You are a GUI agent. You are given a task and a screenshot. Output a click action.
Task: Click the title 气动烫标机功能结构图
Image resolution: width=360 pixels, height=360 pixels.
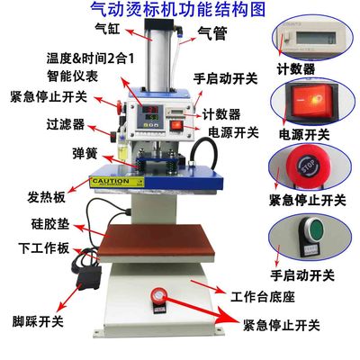click(x=179, y=10)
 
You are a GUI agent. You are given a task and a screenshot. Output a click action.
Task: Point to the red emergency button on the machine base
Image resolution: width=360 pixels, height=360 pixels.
click(x=158, y=295)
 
